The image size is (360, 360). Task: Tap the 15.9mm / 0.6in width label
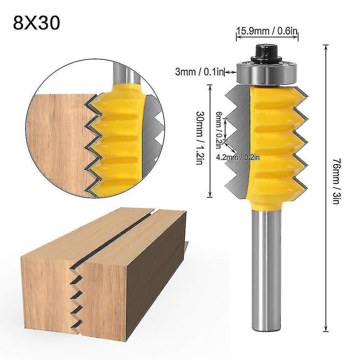267,32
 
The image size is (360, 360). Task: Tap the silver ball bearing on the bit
266,74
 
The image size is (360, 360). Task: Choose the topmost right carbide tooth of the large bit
301,94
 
